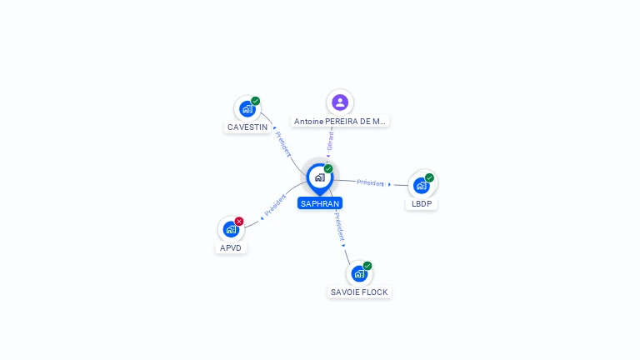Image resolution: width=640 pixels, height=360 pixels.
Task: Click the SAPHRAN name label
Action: tap(320, 203)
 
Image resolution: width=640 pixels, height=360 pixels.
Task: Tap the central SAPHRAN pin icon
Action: tap(319, 177)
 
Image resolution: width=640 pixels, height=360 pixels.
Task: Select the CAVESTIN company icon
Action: tap(247, 109)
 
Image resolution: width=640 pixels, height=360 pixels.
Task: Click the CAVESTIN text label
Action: tap(247, 127)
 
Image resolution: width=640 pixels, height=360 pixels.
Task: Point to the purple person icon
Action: tap(339, 102)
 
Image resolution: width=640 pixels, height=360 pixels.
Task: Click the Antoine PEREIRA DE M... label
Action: tap(340, 122)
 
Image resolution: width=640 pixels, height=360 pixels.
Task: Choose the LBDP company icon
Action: tap(421, 185)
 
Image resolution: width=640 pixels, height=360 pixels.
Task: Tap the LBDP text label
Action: tap(422, 204)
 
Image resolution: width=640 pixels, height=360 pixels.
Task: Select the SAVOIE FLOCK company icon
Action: tap(359, 273)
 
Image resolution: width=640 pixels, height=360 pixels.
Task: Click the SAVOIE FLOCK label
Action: tap(359, 292)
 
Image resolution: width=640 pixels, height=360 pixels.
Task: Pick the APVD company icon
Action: tap(231, 229)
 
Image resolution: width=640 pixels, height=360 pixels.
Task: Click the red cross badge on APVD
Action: tap(239, 222)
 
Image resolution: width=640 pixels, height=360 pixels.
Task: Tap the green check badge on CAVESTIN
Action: tap(256, 102)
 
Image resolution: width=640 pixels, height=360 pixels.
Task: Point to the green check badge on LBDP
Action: tap(429, 177)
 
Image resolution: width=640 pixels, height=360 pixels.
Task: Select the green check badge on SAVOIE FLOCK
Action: tap(367, 266)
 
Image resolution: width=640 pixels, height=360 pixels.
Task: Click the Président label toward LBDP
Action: tap(371, 182)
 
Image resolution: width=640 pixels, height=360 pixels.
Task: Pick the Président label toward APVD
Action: tap(275, 206)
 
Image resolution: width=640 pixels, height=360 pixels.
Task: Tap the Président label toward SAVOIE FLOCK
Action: tap(339, 226)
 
